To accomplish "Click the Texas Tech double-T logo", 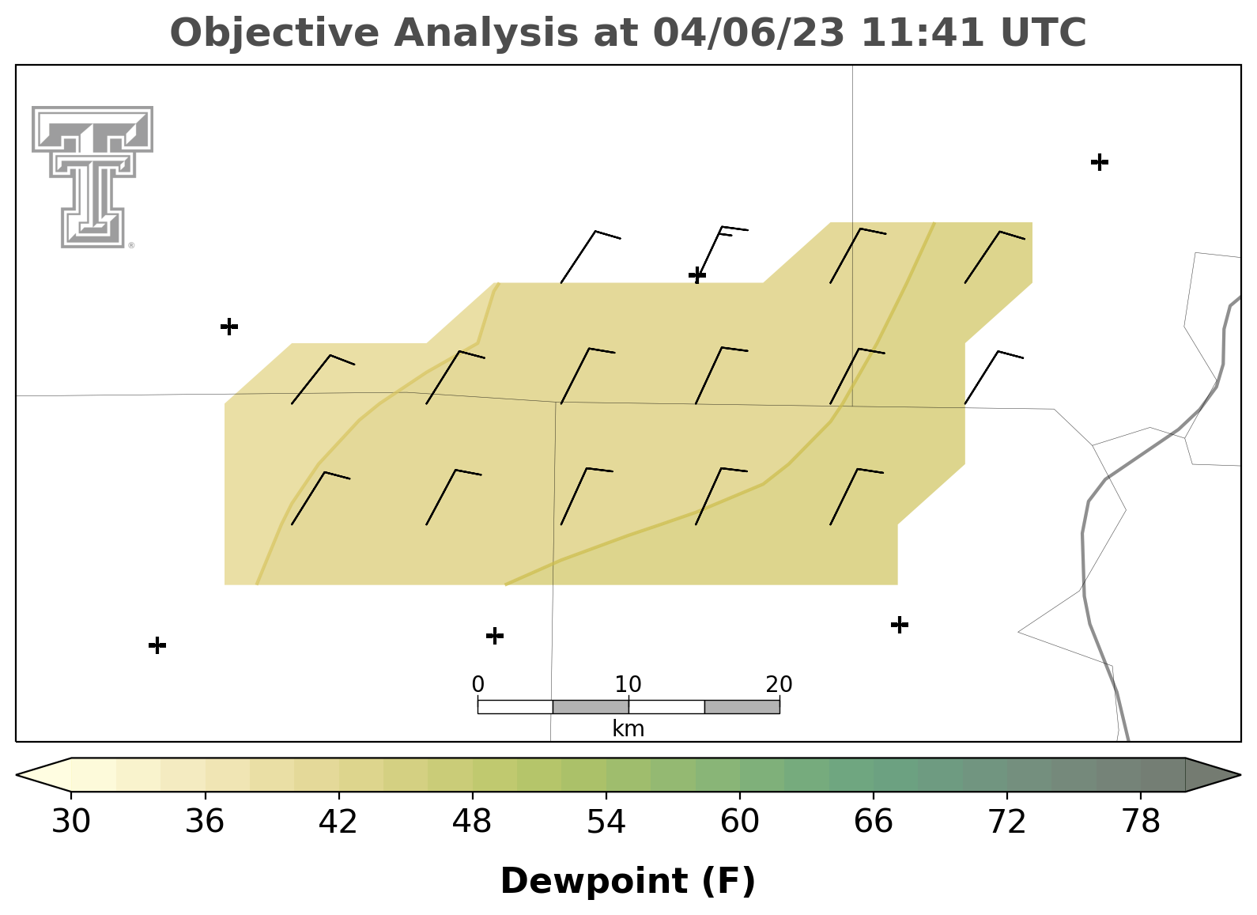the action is [x=92, y=177].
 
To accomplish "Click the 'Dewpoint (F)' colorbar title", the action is [x=628, y=881].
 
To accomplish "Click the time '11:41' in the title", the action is [x=923, y=32].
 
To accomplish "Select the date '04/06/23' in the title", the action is [x=749, y=32].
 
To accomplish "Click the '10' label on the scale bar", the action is [x=628, y=684].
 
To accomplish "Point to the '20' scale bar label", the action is [x=779, y=684].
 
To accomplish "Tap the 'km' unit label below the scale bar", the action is [x=628, y=729].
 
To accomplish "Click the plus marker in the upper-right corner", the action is [x=1100, y=162].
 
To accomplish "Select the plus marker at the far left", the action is [x=229, y=326].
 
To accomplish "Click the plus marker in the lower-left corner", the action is [x=157, y=645].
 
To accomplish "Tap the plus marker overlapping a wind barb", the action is [x=697, y=275].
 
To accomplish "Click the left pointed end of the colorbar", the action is [x=17, y=775].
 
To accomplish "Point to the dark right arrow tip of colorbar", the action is [x=1239, y=775].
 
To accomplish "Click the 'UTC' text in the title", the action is [x=1044, y=32].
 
